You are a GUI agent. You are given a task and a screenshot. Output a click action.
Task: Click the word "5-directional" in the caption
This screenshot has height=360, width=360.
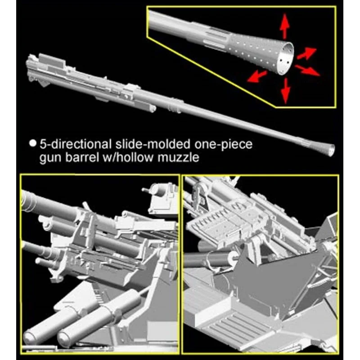tap(76, 144)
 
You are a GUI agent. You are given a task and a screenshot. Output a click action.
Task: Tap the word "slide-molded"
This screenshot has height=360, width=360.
tap(153, 144)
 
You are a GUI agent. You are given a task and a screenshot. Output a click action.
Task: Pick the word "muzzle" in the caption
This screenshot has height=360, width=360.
tap(178, 158)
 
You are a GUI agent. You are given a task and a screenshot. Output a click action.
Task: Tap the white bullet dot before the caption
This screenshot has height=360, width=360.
tap(33, 143)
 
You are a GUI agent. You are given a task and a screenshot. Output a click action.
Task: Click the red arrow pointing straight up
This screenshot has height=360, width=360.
tap(285, 26)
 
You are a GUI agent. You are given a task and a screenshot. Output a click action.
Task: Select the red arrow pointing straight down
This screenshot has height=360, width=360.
tap(286, 91)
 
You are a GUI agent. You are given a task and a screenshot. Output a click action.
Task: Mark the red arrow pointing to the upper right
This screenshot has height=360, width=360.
tap(306, 54)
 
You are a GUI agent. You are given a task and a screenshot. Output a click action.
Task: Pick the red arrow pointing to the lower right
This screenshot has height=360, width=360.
tap(307, 71)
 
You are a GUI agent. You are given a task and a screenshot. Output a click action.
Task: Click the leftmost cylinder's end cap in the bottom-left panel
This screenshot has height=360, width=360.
tap(30, 336)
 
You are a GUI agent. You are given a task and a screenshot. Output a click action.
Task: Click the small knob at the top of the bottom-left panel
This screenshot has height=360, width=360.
tap(144, 190)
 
